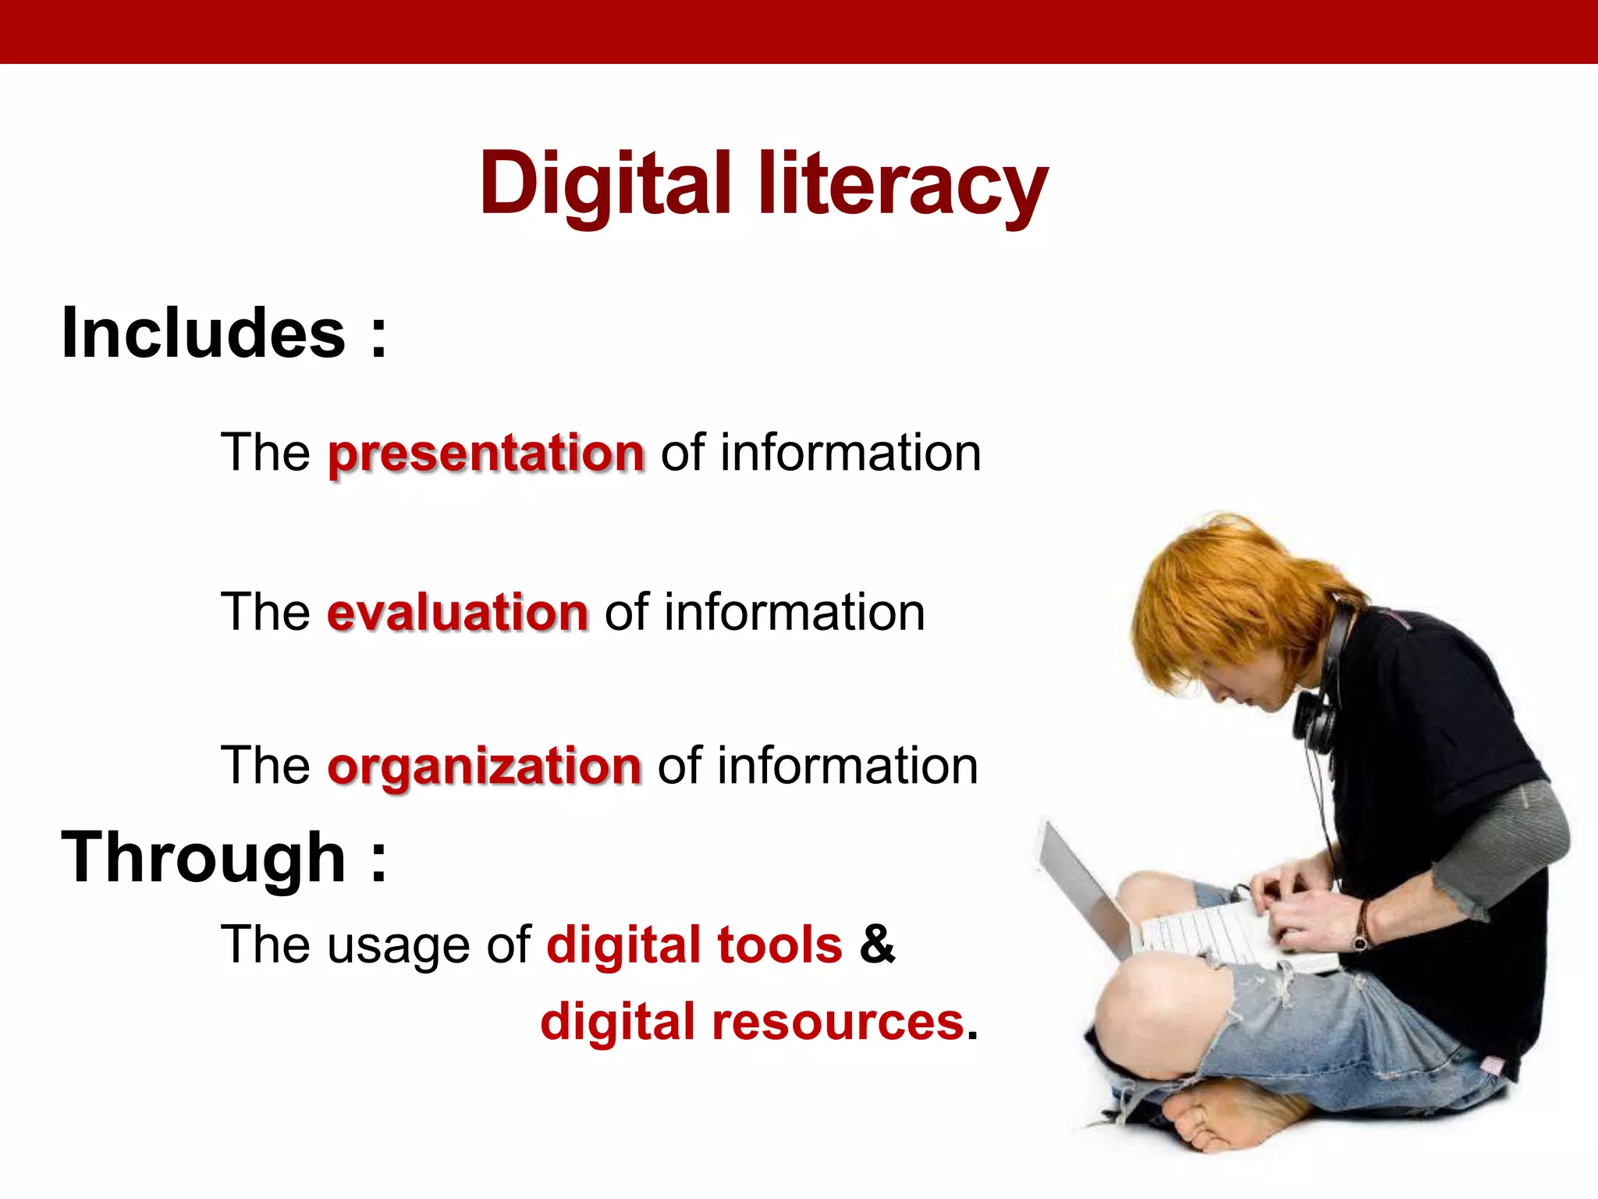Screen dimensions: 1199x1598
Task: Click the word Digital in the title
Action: pyautogui.click(x=605, y=184)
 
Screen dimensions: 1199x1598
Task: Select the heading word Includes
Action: pyautogui.click(x=203, y=333)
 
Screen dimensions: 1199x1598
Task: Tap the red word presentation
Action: pyautogui.click(x=486, y=454)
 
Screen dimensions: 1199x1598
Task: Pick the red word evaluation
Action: pyautogui.click(x=457, y=612)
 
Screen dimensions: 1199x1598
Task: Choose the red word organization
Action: pyautogui.click(x=485, y=766)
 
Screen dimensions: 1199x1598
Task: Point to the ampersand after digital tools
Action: pyautogui.click(x=877, y=944)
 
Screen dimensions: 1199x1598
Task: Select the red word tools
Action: pyautogui.click(x=779, y=945)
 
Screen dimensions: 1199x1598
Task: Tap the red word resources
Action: pyautogui.click(x=838, y=1022)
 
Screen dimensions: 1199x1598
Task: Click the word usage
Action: pyautogui.click(x=398, y=946)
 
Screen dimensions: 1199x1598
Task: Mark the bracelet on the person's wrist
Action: pyautogui.click(x=1362, y=925)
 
